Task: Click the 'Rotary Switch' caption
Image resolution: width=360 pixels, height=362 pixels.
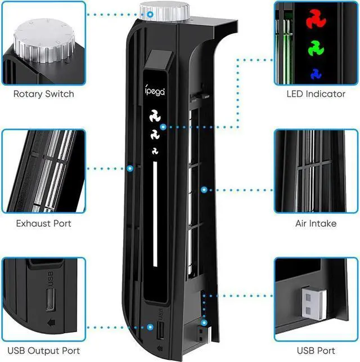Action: coord(43,94)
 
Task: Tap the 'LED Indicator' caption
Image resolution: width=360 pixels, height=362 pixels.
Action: coord(316,94)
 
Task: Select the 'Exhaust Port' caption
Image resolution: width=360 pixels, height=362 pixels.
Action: coord(43,224)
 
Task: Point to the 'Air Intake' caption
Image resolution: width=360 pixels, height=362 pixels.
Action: coord(316,224)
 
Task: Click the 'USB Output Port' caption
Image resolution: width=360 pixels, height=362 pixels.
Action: coord(43,352)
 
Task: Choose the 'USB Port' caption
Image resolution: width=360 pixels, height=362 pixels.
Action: coord(316,352)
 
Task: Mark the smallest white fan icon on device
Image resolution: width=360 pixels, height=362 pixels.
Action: coord(155,150)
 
